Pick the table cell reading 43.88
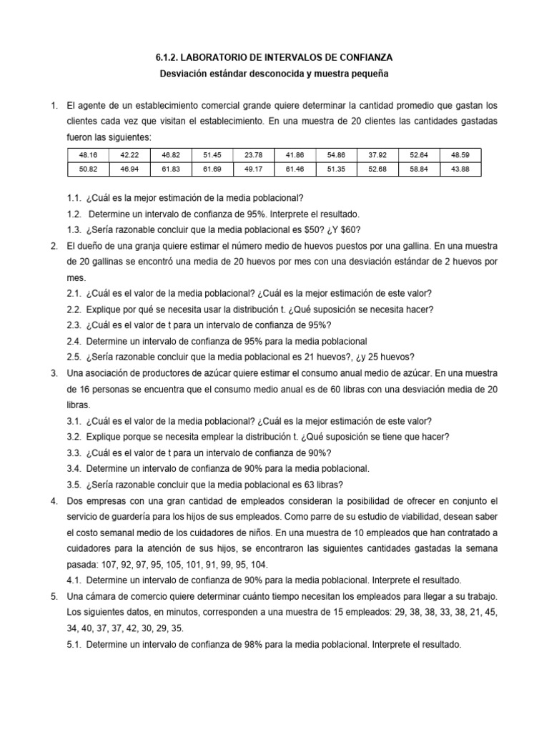460,169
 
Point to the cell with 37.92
377,155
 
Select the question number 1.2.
74,214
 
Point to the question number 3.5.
74,483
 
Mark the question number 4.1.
74,580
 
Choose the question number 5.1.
74,643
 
